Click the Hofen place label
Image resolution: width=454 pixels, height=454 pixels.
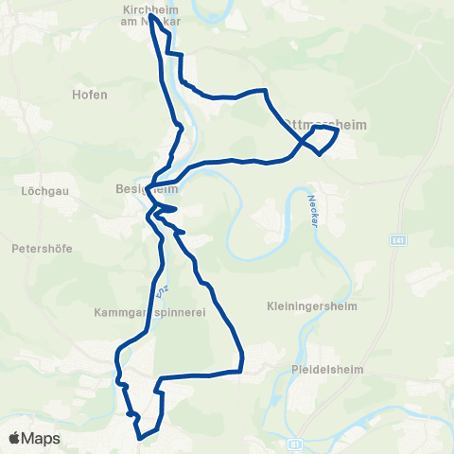click(x=89, y=95)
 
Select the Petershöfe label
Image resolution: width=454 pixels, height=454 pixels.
click(x=42, y=250)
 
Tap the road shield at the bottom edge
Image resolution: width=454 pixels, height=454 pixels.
click(x=296, y=443)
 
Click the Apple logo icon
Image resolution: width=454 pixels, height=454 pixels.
click(x=15, y=438)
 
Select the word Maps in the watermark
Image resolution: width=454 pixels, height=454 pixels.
click(x=42, y=438)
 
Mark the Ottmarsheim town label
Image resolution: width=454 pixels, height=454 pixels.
click(x=318, y=124)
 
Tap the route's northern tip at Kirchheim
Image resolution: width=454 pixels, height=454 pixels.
click(x=151, y=15)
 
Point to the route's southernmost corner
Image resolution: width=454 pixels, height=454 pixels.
click(x=141, y=438)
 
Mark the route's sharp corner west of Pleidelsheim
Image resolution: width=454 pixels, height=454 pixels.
click(x=243, y=368)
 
